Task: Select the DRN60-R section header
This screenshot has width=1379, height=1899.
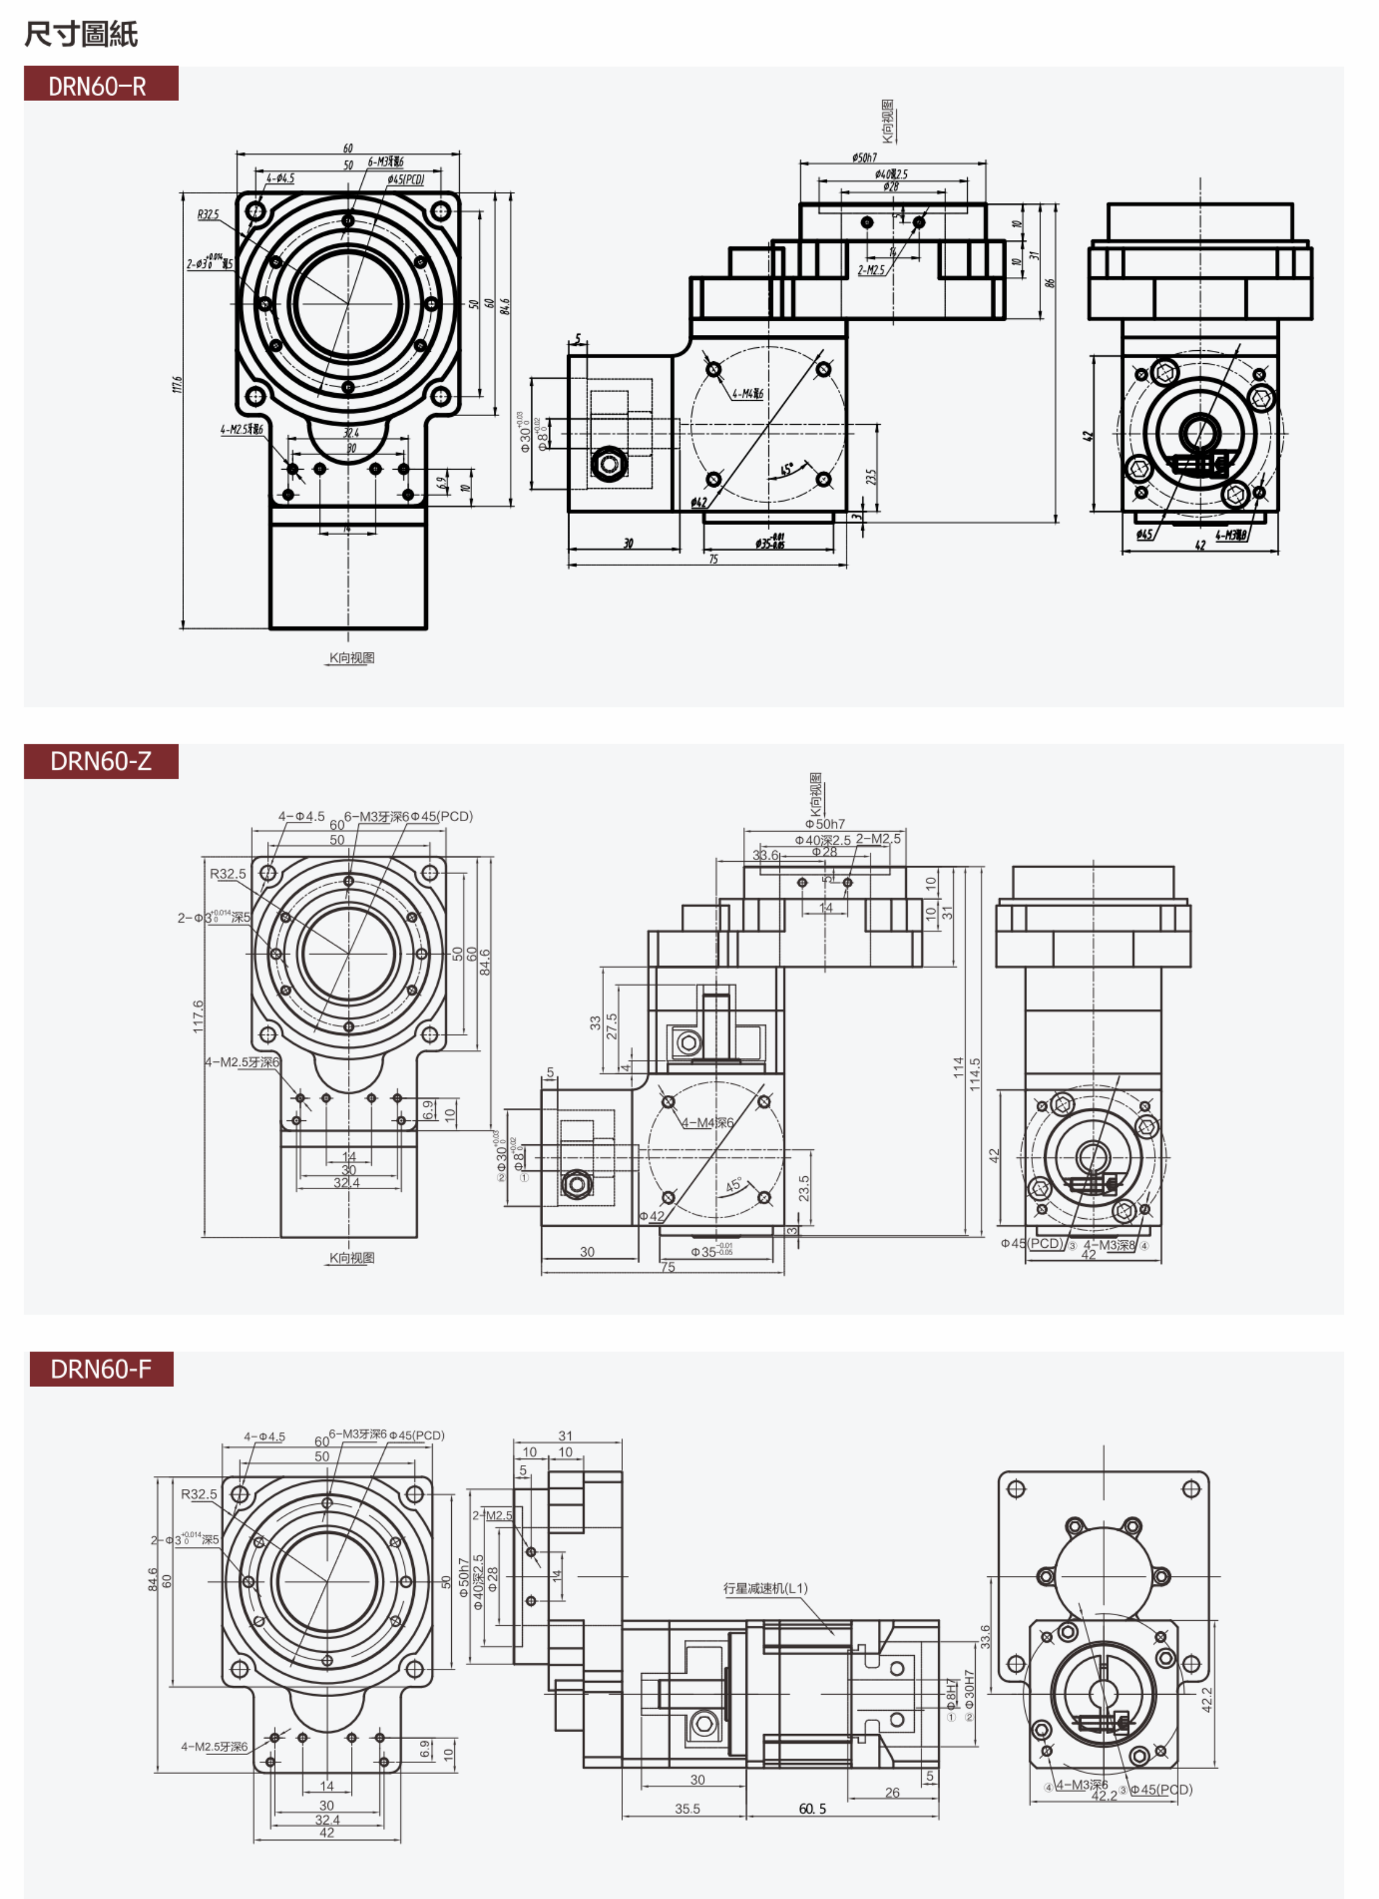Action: pos(100,84)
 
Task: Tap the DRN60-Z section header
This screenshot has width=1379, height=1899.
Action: pos(100,761)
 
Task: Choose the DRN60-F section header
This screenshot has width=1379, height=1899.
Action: pos(100,1369)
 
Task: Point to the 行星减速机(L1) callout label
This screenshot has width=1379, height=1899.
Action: pos(765,1588)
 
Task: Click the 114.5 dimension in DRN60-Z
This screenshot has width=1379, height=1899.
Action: pos(975,1074)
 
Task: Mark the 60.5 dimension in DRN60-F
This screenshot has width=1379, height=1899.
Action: pos(812,1809)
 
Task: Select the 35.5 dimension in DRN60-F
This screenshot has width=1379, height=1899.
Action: pos(688,1809)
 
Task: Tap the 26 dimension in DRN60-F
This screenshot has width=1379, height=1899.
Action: pos(893,1793)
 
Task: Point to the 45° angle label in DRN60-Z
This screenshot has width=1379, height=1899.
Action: pos(733,1186)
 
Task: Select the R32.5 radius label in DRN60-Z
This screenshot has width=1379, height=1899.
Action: pos(228,874)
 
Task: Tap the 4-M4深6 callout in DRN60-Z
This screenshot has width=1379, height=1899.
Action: pos(707,1123)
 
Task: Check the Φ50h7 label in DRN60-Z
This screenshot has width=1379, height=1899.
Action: pos(825,824)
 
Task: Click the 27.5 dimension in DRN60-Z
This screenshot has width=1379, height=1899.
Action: pos(612,1027)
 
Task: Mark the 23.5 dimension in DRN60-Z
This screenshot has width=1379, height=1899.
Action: pos(804,1188)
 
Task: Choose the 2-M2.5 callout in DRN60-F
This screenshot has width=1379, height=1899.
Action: pos(492,1516)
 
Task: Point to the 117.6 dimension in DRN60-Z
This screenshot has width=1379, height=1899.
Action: pos(198,1016)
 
